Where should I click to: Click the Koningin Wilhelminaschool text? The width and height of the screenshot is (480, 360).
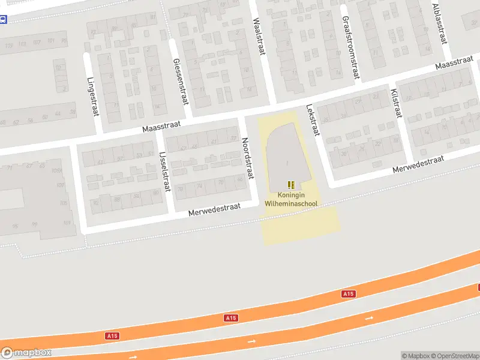[x=291, y=200]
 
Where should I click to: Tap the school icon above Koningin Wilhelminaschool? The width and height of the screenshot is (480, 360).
[x=291, y=185]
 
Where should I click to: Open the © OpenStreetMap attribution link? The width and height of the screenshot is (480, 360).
[x=454, y=356]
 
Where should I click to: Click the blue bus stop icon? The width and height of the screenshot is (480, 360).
[x=3, y=19]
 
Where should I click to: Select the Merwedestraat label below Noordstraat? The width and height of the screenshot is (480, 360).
[x=214, y=209]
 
